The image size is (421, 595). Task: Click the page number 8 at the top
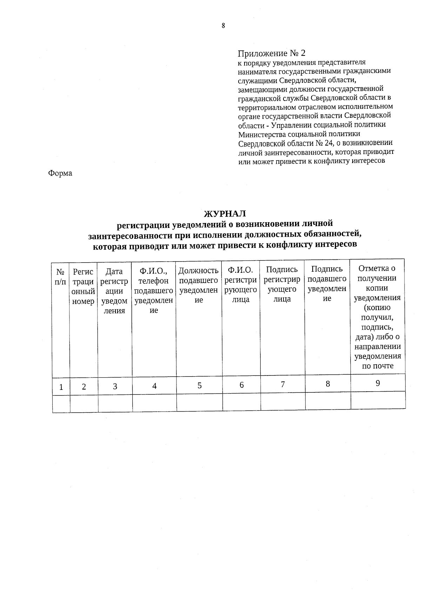[x=223, y=26]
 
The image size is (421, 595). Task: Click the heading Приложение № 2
[x=272, y=53]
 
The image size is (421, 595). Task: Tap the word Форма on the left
[x=60, y=173]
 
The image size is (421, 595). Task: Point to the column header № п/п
[x=60, y=277]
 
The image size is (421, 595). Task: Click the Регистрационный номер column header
[x=83, y=286]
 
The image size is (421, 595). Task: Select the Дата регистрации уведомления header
[x=114, y=291]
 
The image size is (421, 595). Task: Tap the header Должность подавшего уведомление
[x=199, y=285]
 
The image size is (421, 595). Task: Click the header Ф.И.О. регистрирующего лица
[x=241, y=284]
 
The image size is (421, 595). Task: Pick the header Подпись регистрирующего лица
[x=282, y=284]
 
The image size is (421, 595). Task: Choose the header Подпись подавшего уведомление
[x=327, y=283]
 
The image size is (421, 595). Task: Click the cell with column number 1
[x=61, y=387]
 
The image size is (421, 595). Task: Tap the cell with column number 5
[x=199, y=386]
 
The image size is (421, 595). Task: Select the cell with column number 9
[x=378, y=383]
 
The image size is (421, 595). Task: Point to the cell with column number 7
[x=282, y=385]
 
